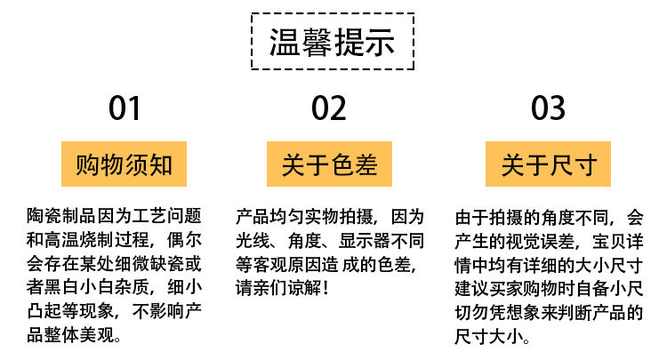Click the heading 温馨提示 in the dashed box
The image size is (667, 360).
[x=332, y=44]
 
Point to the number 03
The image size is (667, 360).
[x=548, y=108]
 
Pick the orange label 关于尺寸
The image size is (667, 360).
[x=549, y=164]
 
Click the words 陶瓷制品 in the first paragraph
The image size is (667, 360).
[x=60, y=216]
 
